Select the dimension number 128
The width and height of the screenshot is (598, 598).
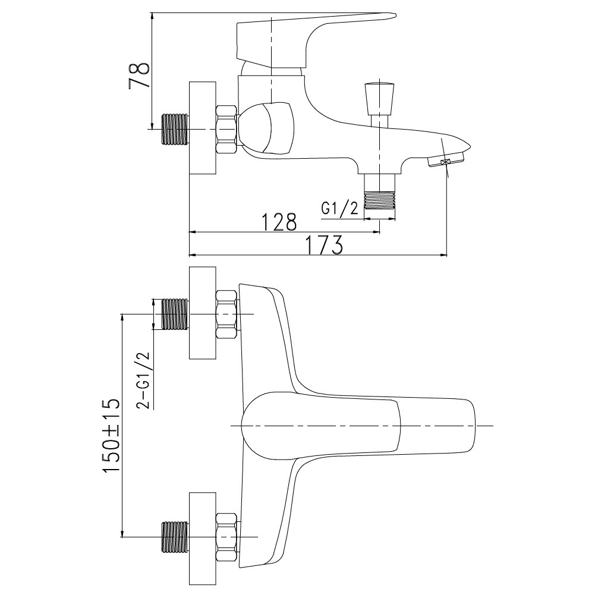(x=279, y=222)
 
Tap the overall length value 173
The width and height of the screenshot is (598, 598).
(x=325, y=246)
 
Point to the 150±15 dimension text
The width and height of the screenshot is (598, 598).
(x=111, y=436)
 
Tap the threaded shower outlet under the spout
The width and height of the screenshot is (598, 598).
(x=379, y=191)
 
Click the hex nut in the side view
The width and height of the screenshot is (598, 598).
(x=227, y=129)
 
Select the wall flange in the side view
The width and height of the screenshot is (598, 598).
(x=203, y=128)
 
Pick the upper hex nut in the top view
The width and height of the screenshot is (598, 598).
(x=227, y=314)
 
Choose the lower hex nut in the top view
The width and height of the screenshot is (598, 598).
(x=227, y=537)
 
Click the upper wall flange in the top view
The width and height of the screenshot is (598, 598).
(x=203, y=313)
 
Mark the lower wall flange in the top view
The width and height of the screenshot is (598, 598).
(x=203, y=538)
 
